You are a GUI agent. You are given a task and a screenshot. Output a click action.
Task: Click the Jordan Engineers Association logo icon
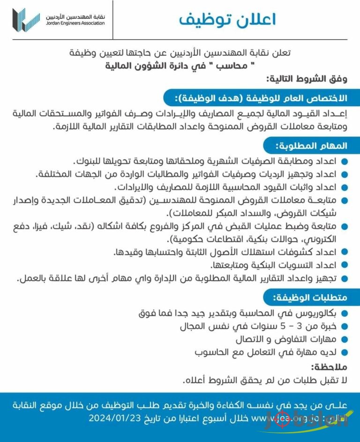point(26,20)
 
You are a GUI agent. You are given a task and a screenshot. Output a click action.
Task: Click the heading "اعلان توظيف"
point(228,20)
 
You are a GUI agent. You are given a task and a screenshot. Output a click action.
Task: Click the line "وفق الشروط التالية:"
point(307,80)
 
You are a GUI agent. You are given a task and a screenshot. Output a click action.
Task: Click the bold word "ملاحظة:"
point(329,367)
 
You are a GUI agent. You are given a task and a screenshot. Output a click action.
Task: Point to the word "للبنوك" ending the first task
point(86,161)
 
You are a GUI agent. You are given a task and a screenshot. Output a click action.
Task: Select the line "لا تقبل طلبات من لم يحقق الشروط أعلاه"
point(266,380)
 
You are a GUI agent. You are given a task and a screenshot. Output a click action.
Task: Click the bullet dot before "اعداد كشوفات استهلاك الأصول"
point(345,253)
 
